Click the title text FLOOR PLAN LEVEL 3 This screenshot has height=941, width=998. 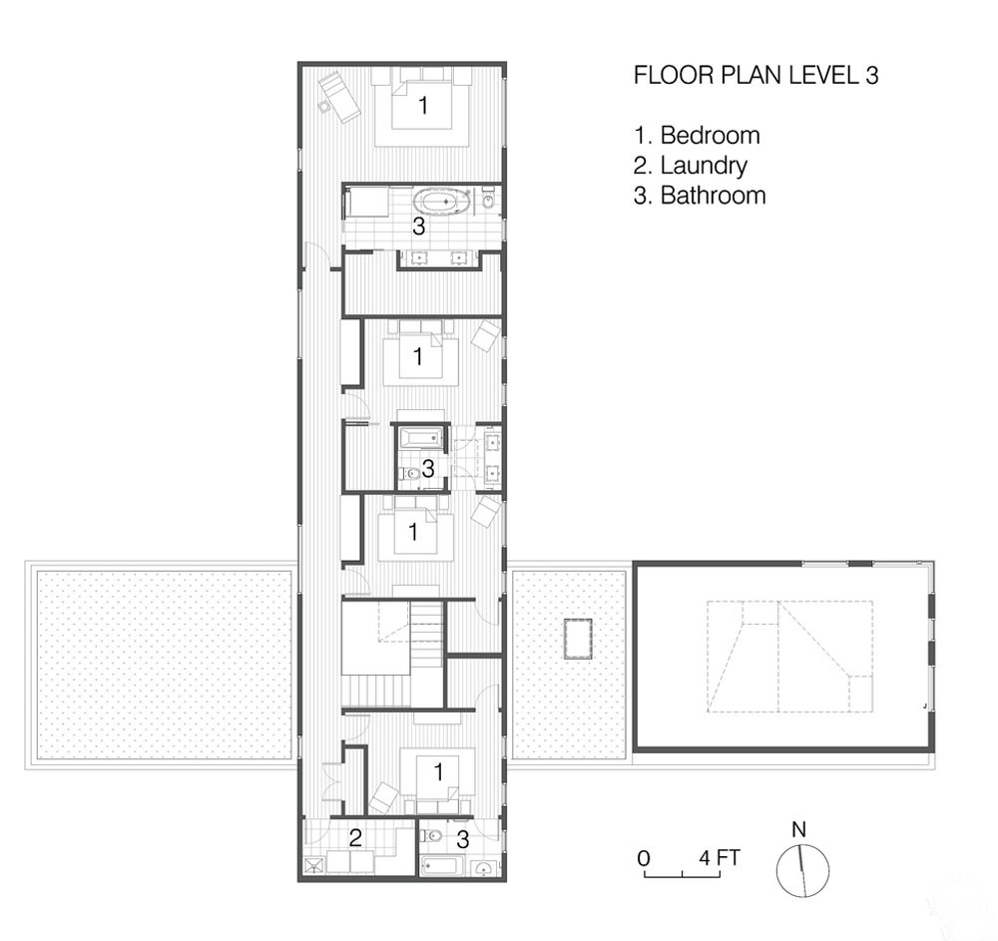coord(756,75)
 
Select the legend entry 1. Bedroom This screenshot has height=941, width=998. coord(697,135)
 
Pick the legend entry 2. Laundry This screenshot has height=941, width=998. coord(691,165)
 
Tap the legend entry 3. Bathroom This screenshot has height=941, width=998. coord(700,195)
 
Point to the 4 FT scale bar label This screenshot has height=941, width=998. coord(720,857)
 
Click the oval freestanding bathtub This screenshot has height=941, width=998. coord(443,202)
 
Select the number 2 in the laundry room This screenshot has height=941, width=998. coord(355,837)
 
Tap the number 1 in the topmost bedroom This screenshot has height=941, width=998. coord(422,105)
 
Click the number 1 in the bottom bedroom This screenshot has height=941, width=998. coord(438,771)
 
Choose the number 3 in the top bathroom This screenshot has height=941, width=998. coord(418,226)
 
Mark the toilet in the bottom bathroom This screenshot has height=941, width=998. coord(434,835)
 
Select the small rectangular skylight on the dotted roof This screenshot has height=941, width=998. coord(578,640)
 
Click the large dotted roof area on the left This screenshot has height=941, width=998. coord(165,665)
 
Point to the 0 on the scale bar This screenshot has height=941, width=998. coord(644,858)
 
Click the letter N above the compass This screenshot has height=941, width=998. coord(798,829)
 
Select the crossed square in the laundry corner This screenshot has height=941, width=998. coord(314,866)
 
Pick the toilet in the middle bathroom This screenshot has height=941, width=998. coord(409,473)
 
